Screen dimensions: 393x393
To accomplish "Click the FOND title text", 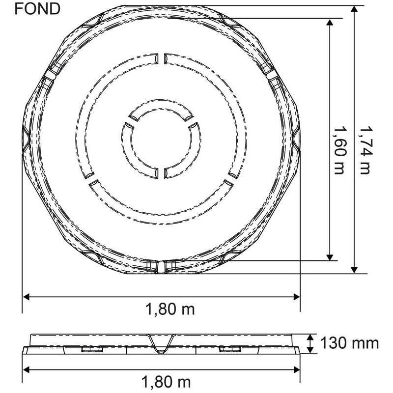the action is (37, 9).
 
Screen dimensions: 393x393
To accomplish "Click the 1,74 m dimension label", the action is (365, 150).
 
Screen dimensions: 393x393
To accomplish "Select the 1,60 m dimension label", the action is (339, 150).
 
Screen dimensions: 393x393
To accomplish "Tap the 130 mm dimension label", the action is (349, 343).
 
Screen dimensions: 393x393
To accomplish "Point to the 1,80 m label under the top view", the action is (170, 309).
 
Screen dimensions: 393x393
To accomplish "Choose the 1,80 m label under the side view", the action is (166, 382).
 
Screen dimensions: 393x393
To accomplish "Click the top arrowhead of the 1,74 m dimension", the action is (354, 9).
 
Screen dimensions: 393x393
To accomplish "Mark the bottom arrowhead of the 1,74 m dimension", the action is (354, 270).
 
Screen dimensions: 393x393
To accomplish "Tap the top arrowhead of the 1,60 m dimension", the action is (330, 22).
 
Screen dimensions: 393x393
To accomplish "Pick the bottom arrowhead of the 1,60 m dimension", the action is (330, 257).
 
